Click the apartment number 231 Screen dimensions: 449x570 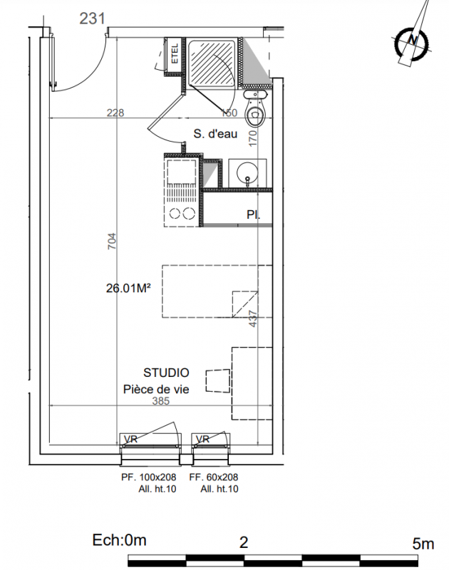point(93,19)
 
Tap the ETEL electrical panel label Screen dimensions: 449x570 point(175,53)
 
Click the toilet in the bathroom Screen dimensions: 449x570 point(256,109)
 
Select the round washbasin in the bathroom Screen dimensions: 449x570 point(247,173)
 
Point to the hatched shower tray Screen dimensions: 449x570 point(212,63)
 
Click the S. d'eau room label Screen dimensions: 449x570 point(215,134)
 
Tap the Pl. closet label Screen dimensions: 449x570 point(254,214)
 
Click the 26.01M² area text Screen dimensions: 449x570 point(128,289)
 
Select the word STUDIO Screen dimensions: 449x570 point(166,373)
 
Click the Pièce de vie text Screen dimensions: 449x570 point(156,389)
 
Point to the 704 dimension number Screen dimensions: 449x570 point(112,241)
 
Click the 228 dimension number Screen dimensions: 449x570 point(115,113)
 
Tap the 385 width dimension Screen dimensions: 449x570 point(160,401)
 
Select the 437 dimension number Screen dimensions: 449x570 point(253,318)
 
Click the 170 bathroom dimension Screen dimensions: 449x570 point(253,138)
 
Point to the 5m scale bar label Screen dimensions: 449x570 point(423,544)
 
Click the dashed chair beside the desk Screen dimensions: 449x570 point(218,381)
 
